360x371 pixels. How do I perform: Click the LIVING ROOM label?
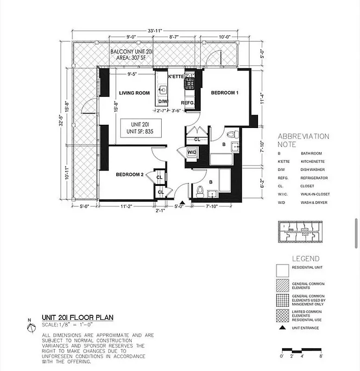tap(134, 93)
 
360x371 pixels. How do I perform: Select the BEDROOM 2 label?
tap(130, 175)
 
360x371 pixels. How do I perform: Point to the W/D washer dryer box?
tap(192, 152)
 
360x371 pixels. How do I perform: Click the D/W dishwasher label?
tap(163, 102)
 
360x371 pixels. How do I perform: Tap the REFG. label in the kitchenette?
tap(187, 103)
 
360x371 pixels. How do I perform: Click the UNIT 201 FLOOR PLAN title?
tap(77, 318)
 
